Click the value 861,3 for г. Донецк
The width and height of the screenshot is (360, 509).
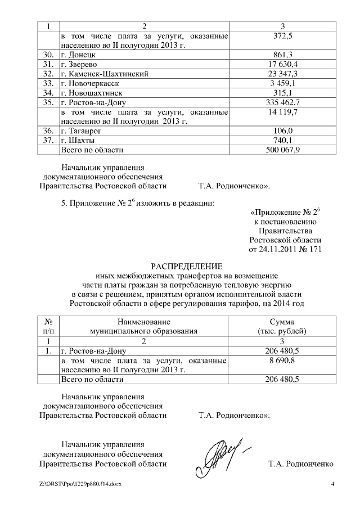pyautogui.click(x=283, y=55)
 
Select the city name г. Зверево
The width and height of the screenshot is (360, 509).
pyautogui.click(x=81, y=65)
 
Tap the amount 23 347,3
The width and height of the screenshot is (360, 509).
pyautogui.click(x=283, y=74)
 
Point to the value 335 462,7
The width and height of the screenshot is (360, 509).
pyautogui.click(x=283, y=102)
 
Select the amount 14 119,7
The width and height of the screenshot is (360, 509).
pyautogui.click(x=283, y=112)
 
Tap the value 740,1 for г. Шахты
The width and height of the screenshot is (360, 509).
pyautogui.click(x=283, y=140)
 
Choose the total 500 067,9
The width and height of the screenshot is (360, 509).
pyautogui.click(x=283, y=150)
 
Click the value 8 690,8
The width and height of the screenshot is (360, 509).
pyautogui.click(x=283, y=360)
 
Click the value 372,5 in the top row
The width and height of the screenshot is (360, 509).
pyautogui.click(x=283, y=36)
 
